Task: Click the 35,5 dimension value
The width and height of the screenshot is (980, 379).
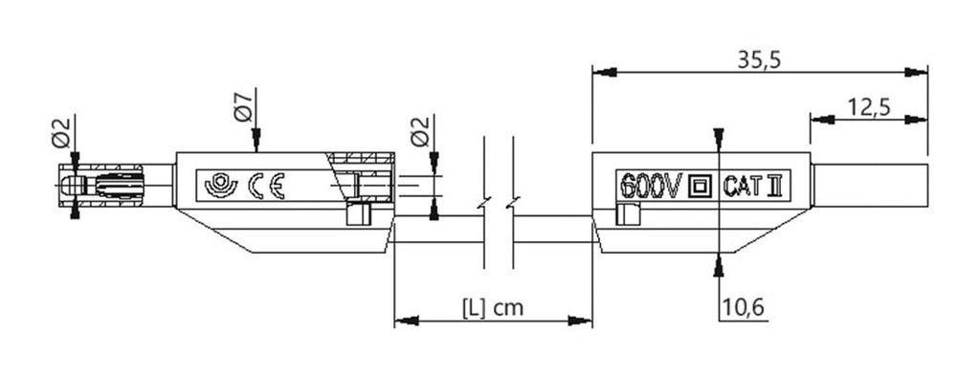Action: pos(761,59)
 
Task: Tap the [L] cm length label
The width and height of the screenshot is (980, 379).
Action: pos(493,308)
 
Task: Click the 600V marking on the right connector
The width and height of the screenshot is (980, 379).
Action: pos(650,184)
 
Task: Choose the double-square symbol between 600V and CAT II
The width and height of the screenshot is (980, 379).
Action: pos(702,185)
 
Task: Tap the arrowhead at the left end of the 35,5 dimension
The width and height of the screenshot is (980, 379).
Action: pos(599,72)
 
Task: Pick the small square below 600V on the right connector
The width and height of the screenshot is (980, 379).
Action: pos(628,215)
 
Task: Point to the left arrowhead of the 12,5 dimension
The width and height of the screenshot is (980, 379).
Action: pos(817,120)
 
